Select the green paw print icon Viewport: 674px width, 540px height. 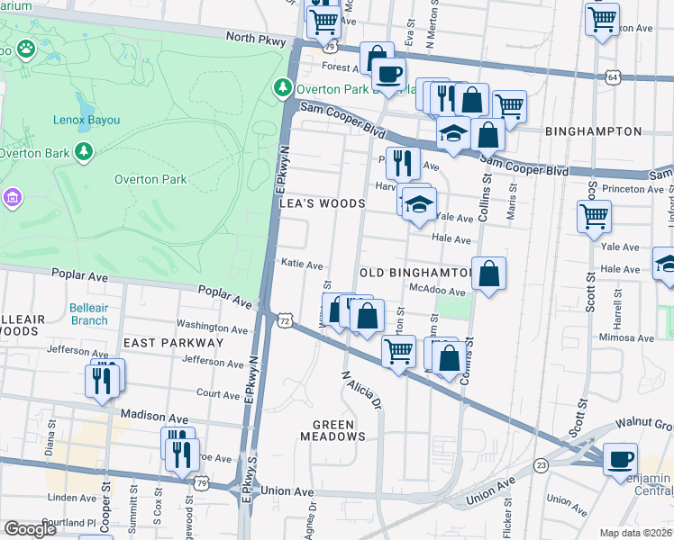[x=25, y=48]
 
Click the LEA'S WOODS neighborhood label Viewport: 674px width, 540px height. [x=322, y=204]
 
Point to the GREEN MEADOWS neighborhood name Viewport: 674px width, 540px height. [x=339, y=436]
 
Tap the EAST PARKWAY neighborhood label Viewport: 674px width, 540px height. [x=173, y=343]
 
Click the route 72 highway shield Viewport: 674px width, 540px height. [x=285, y=321]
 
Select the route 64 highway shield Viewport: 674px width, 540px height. [x=613, y=78]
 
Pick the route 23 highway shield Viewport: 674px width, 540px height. [x=541, y=464]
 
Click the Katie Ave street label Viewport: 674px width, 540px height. [x=302, y=265]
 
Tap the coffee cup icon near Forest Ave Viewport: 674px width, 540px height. [x=388, y=74]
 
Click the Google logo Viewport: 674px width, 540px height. [x=30, y=529]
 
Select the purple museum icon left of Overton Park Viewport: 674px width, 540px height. [x=12, y=196]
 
